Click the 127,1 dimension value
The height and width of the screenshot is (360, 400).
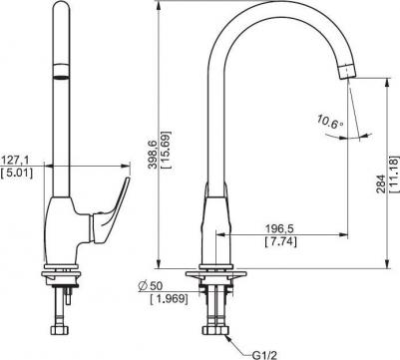[15, 161]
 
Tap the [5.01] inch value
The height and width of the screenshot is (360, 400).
[17, 174]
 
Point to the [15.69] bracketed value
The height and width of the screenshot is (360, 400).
[166, 151]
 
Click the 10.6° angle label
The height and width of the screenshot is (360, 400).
[329, 122]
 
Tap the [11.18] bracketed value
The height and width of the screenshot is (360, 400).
[395, 174]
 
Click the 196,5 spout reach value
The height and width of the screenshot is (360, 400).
[280, 228]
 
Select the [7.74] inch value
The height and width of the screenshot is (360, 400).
[280, 241]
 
